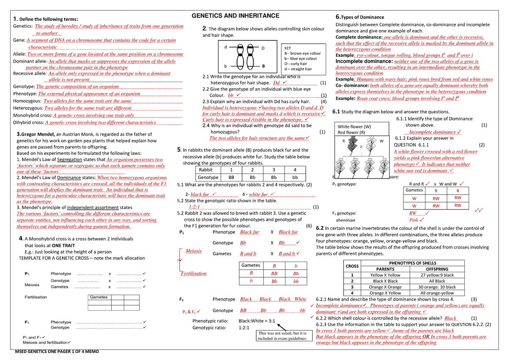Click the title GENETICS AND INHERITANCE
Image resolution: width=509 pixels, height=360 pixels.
(x=236, y=16)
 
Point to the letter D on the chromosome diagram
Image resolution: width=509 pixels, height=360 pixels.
(x=263, y=48)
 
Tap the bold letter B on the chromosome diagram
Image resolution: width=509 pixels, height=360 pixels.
(x=263, y=67)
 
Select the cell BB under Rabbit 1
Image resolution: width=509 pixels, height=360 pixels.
(x=231, y=177)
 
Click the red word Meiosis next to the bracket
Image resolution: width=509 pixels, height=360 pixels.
(x=193, y=251)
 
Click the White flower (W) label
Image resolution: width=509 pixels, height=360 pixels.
(x=354, y=126)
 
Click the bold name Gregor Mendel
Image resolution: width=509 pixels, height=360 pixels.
(x=36, y=134)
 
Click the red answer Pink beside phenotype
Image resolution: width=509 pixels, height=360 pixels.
(x=414, y=220)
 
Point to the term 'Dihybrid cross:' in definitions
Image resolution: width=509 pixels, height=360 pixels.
(x=29, y=123)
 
